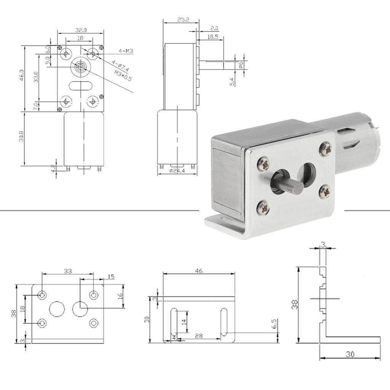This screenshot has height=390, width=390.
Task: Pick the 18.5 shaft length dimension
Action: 213,37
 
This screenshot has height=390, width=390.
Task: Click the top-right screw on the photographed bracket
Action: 326,149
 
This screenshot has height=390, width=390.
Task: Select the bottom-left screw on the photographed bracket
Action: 264,207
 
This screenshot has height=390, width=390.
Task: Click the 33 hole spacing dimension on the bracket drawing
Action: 67,271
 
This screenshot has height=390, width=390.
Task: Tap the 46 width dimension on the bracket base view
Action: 198,271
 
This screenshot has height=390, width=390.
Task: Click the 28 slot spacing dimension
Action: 198,335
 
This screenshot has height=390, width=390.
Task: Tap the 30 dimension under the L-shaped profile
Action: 350,354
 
